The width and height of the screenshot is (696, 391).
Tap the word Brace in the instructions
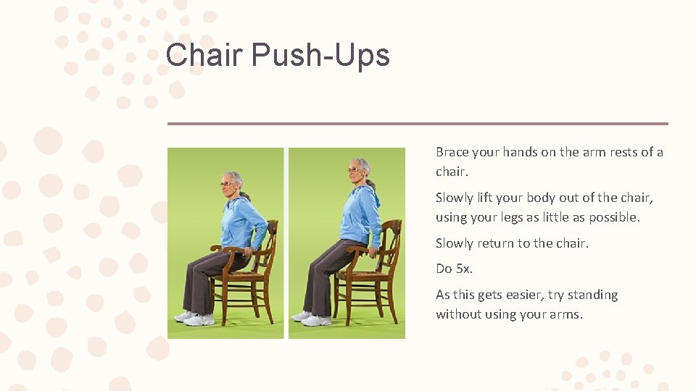(x=452, y=152)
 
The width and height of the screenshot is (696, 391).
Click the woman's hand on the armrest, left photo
(x=249, y=251)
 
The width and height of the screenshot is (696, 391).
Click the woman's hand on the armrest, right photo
(x=372, y=251)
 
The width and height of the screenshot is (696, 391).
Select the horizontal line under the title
(x=418, y=124)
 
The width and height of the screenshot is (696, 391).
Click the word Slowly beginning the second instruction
(x=454, y=198)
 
